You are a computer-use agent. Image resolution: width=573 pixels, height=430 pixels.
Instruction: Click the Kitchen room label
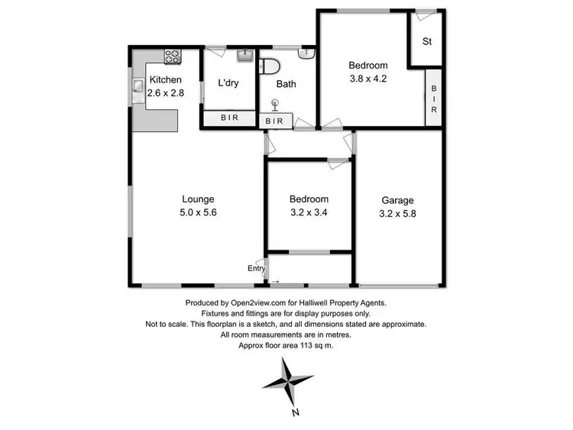coord(166,79)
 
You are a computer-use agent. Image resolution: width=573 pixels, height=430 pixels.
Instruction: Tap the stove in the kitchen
coord(172,56)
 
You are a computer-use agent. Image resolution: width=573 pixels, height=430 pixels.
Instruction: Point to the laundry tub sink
coord(245,55)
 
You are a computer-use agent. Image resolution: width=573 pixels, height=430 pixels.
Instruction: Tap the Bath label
coord(286,84)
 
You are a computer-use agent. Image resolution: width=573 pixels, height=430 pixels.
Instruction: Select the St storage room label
coord(427,41)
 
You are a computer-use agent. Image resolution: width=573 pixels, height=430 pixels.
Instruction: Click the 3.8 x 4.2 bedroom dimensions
coord(369,77)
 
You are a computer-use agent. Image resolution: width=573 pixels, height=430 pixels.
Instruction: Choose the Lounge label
coord(197,199)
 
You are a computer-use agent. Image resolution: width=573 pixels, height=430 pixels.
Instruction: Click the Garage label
coord(398,200)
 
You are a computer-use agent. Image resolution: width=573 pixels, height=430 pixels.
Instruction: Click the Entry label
coord(257,268)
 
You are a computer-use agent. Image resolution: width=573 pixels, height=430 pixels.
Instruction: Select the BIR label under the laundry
coord(228,118)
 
